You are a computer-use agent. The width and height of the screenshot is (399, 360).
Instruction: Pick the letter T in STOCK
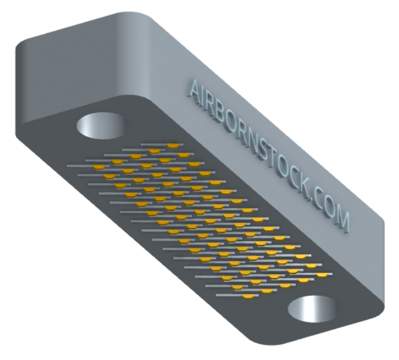[x=269, y=158]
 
